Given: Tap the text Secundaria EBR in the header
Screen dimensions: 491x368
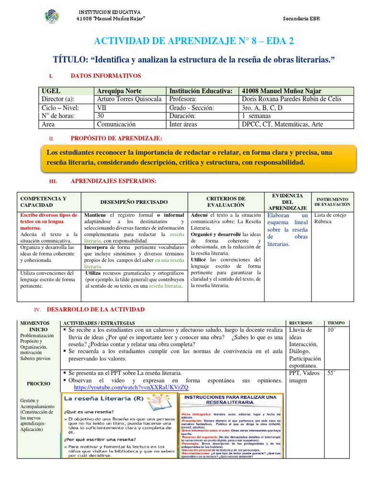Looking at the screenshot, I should click(x=301, y=19).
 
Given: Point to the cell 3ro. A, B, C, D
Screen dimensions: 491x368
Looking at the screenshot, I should click(x=262, y=107).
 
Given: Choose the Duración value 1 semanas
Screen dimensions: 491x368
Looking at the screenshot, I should click(x=257, y=116).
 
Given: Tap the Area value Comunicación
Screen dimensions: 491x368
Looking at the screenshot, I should click(x=116, y=124).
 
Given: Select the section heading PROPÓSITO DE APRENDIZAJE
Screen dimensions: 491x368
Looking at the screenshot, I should click(x=116, y=139).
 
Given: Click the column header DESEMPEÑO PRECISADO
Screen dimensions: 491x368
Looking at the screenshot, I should click(x=134, y=202).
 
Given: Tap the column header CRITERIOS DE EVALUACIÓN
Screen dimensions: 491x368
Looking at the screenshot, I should click(x=226, y=202).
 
